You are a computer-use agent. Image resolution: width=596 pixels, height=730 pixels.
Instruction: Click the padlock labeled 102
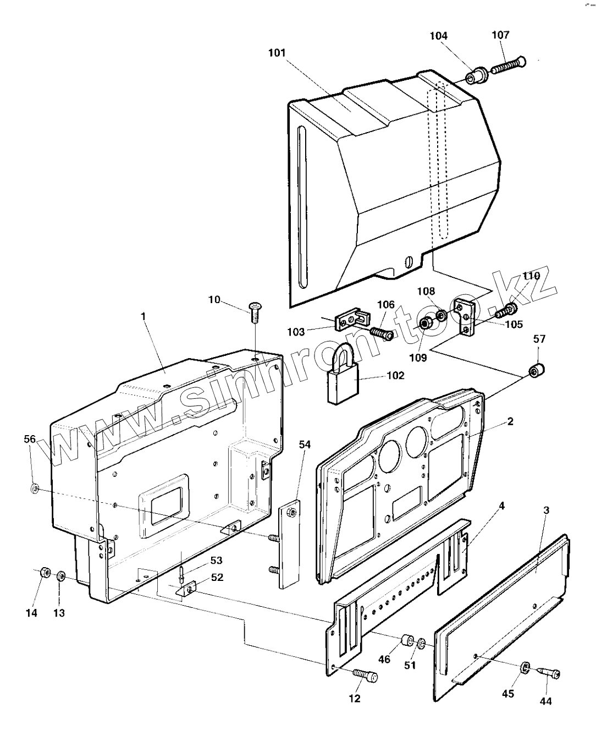point(341,380)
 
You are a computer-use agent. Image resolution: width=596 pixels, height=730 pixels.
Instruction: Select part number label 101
point(277,53)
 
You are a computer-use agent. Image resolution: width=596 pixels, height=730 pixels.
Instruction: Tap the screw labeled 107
point(507,66)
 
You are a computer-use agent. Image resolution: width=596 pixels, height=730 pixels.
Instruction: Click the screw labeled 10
point(255,312)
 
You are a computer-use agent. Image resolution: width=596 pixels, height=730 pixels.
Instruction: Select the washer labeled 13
point(61,576)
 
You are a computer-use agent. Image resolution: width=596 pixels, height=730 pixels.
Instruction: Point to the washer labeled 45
point(524,667)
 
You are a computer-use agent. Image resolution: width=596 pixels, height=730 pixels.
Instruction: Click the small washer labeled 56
point(35,487)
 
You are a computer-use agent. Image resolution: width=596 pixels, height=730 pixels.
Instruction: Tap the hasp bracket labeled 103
point(352,320)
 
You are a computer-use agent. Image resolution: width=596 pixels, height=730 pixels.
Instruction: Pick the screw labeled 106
point(380,333)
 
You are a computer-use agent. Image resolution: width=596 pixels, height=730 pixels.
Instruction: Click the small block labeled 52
point(186,589)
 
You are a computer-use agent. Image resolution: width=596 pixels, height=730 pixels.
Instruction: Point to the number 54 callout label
point(304,444)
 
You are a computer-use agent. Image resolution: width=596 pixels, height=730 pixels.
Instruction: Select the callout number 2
point(510,422)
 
